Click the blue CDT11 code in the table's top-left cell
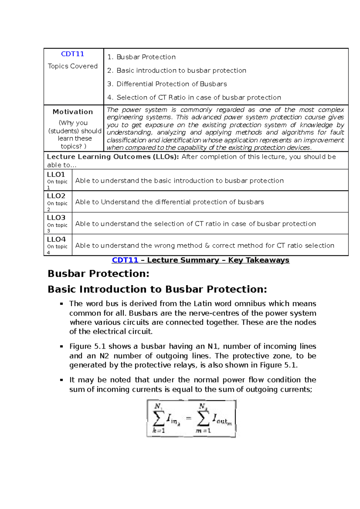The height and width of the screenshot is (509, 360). (x=73, y=54)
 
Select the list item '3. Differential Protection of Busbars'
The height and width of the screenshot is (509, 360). (x=171, y=84)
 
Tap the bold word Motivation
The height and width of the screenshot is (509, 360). (x=73, y=112)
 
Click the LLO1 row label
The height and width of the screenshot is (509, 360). (x=56, y=174)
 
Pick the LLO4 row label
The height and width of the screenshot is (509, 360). (x=56, y=239)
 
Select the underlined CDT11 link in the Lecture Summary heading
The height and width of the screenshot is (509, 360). (x=125, y=260)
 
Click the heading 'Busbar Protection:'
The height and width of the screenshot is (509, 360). (x=98, y=273)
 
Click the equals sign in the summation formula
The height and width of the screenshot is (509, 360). (x=188, y=418)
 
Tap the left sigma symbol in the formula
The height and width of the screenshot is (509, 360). (x=159, y=418)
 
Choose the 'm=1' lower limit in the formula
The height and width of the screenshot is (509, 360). (x=203, y=431)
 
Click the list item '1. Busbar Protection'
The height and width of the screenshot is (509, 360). (x=141, y=57)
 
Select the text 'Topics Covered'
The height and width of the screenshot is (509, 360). (x=73, y=66)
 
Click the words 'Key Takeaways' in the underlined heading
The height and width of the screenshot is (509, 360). (x=259, y=260)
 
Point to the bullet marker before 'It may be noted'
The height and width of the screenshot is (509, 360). (x=61, y=380)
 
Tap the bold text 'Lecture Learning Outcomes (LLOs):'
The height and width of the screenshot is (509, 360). (x=113, y=157)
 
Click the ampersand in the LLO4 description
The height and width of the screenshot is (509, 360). (x=207, y=246)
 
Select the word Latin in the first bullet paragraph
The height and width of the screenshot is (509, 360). (x=203, y=303)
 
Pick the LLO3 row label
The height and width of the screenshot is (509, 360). (x=56, y=217)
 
